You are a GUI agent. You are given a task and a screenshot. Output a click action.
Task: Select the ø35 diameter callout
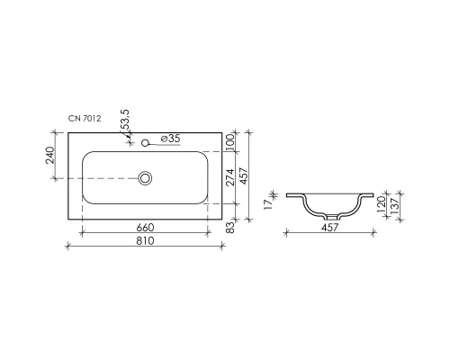170,140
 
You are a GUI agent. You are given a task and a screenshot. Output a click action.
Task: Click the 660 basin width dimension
146,228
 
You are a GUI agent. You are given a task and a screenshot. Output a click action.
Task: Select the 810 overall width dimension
146,242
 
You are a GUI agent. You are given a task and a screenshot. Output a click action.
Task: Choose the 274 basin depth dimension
230,178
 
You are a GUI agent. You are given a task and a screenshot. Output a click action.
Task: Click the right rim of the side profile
365,195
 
